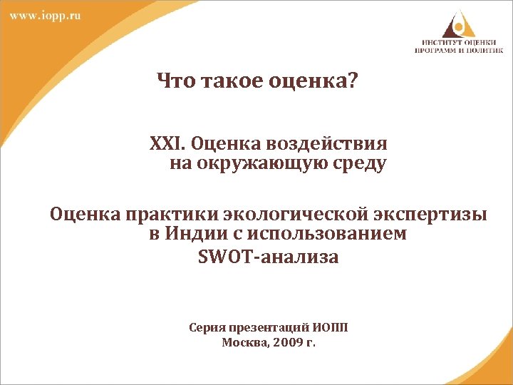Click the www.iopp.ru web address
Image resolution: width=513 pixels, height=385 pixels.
click(x=45, y=16)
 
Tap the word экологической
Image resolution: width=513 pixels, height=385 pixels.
click(x=290, y=214)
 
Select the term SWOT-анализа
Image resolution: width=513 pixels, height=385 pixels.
click(x=268, y=257)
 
